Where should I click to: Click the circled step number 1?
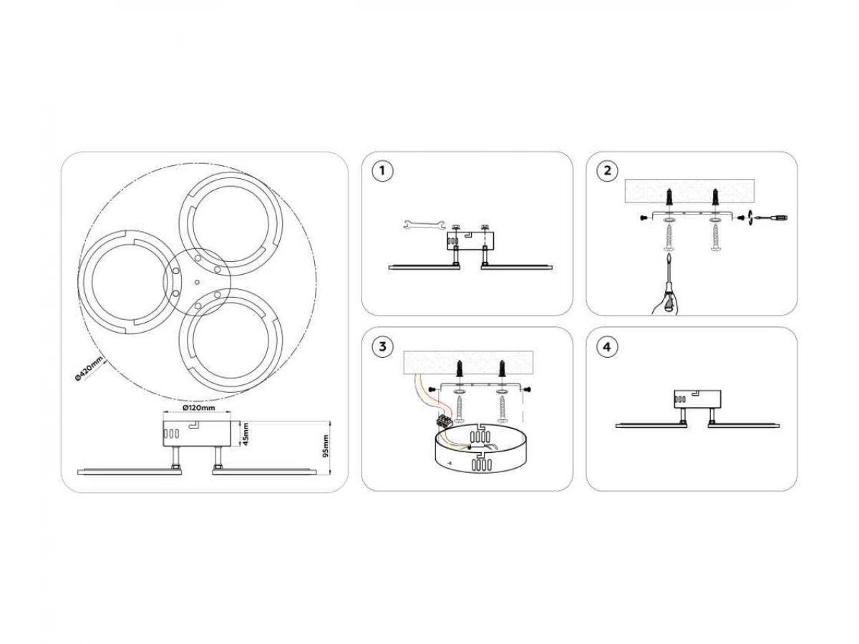point(382,171)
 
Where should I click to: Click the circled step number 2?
point(607,171)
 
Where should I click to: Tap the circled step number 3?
point(382,346)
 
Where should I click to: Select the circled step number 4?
point(607,346)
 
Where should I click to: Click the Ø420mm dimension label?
point(89,368)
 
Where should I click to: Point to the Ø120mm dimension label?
point(199,408)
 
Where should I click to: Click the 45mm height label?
point(246,434)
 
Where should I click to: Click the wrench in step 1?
point(423,224)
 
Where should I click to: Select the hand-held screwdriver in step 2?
point(669,288)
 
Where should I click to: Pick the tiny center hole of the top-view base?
point(198,282)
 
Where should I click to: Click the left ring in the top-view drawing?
point(124,282)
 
